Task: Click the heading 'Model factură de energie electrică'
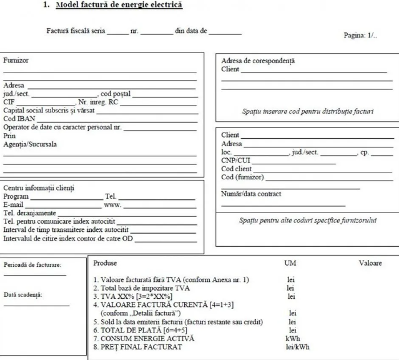(x=119, y=6)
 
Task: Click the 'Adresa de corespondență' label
(x=258, y=61)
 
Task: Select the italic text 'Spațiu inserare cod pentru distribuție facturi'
(x=308, y=112)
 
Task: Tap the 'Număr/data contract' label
(x=251, y=194)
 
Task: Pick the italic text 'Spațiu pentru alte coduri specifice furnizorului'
(x=308, y=220)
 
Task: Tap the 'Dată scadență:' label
(x=23, y=294)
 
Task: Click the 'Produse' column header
(x=105, y=263)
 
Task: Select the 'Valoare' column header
(x=370, y=263)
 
